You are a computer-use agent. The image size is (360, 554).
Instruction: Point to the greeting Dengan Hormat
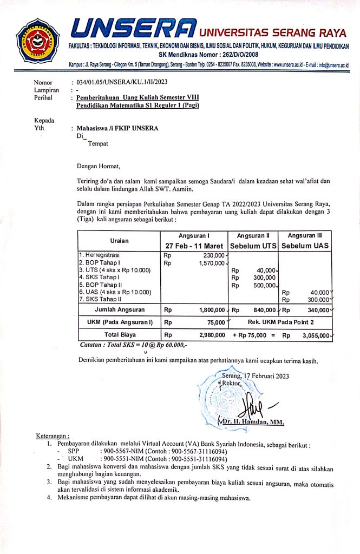click(100, 166)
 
